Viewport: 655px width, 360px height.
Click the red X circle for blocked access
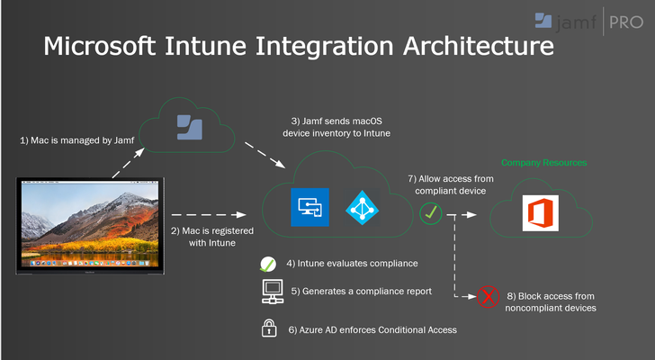coord(489,297)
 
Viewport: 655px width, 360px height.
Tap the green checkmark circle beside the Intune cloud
coord(431,213)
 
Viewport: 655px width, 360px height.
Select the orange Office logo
coord(541,213)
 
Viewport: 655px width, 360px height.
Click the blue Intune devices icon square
coord(310,207)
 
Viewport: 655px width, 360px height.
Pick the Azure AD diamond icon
coord(363,208)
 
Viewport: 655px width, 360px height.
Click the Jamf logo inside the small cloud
coord(190,127)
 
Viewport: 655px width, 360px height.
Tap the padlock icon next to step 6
coord(269,328)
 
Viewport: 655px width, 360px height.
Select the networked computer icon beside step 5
coord(273,291)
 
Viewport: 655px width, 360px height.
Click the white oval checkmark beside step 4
coord(268,265)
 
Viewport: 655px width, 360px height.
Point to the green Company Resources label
coord(543,163)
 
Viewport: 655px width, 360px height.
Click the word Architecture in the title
coord(479,46)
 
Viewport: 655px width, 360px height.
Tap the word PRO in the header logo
coord(626,22)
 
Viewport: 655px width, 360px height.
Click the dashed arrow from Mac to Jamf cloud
coord(129,163)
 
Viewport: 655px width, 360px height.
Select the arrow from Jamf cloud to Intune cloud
coord(265,156)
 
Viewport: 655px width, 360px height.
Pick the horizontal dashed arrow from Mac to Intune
coord(209,215)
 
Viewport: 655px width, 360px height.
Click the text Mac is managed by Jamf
coord(77,140)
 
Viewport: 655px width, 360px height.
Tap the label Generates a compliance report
coord(367,291)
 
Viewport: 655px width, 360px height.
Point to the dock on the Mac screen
coord(90,264)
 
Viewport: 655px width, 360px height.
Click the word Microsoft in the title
coord(99,46)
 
